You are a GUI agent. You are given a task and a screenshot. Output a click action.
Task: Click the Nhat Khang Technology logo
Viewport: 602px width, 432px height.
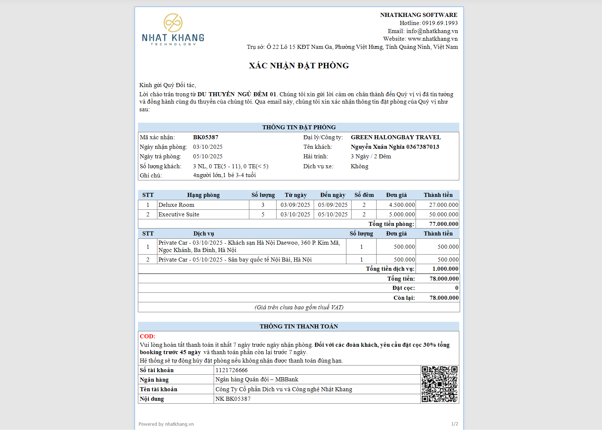point(173,30)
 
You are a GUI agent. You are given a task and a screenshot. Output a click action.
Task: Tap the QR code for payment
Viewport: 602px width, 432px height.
point(439,384)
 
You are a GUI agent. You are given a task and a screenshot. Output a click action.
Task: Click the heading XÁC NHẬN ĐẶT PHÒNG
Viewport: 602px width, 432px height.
point(299,66)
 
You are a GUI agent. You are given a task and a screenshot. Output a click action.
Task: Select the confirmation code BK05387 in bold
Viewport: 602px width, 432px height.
point(206,137)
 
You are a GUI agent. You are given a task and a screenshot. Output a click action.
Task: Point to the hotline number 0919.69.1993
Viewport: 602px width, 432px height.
point(439,23)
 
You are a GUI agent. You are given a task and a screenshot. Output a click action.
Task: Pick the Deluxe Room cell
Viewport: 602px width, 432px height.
point(176,205)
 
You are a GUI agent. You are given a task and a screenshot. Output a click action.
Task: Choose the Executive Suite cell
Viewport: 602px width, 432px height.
point(179,215)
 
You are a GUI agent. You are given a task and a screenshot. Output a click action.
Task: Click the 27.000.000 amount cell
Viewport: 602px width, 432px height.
point(443,205)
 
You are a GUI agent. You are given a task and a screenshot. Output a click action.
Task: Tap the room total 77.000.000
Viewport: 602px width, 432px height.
point(444,224)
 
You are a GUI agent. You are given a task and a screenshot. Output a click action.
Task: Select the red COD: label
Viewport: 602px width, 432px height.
point(147,336)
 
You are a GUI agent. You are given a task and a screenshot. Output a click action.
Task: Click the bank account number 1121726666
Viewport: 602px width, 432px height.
point(232,370)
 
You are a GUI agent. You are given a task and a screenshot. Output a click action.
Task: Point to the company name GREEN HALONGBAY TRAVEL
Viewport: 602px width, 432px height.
point(396,137)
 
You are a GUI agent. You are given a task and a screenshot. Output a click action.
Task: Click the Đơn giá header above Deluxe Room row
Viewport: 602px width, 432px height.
point(396,195)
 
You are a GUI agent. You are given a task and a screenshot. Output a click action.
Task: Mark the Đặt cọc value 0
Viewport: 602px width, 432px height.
point(456,288)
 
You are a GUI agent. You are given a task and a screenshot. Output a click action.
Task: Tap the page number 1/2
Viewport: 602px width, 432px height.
point(455,424)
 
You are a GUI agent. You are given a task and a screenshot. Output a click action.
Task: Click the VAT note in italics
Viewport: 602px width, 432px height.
point(299,307)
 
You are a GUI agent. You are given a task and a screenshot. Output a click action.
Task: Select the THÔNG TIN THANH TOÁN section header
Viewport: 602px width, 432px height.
point(299,327)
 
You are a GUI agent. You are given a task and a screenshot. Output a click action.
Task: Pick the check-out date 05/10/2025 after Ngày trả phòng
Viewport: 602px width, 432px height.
point(208,156)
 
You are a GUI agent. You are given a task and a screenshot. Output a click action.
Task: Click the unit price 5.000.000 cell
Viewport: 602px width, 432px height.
point(402,215)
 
